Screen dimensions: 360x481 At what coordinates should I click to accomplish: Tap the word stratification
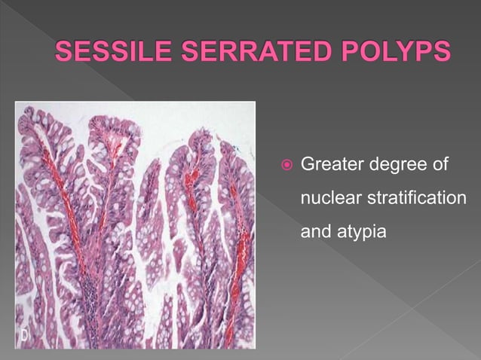(415, 198)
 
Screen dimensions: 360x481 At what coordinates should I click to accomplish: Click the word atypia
(362, 233)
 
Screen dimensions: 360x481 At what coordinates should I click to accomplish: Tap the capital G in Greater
(308, 163)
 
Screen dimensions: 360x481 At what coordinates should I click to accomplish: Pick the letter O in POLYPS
(365, 53)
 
